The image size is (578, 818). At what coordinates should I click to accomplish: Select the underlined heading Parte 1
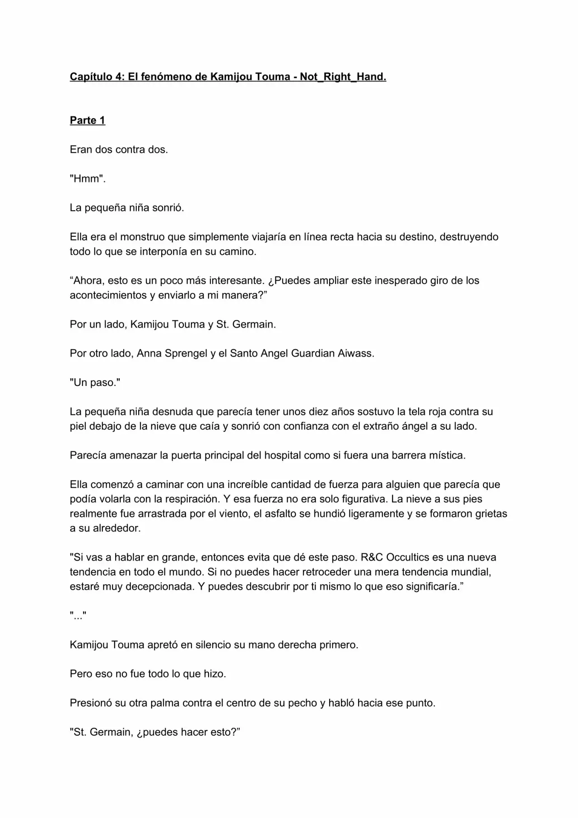point(87,120)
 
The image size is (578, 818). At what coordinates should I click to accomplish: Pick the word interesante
point(235,281)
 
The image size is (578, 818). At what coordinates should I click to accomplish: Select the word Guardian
point(312,353)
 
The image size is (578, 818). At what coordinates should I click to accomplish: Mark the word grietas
point(491,514)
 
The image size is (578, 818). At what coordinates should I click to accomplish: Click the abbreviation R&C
point(372,558)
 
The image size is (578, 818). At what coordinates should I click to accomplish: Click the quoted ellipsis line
point(78,616)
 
